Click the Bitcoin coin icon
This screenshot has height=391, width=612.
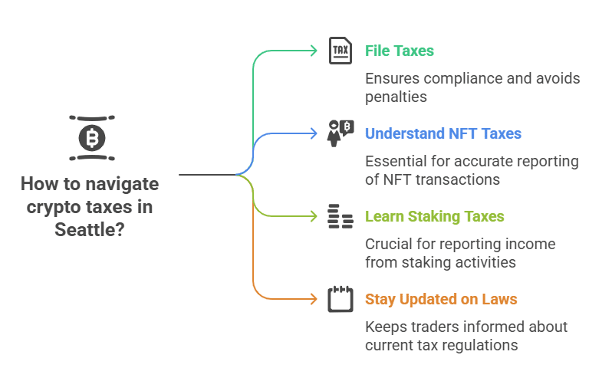(92, 138)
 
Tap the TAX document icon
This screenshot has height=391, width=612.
(341, 51)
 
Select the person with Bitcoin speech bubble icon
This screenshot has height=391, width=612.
(341, 133)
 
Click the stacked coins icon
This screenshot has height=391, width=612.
(341, 216)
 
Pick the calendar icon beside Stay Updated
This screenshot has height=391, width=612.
(341, 299)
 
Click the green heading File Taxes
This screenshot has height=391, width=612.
(400, 51)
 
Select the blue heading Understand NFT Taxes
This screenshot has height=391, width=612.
(443, 133)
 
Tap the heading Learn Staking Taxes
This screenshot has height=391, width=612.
(434, 216)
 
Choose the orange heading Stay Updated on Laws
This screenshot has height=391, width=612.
(441, 299)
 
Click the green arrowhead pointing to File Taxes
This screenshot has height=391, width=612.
(314, 51)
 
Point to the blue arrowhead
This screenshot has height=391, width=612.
(314, 133)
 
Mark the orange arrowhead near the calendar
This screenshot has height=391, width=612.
(314, 299)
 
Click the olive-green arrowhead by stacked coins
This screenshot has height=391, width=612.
(314, 216)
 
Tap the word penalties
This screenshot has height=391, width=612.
(396, 97)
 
